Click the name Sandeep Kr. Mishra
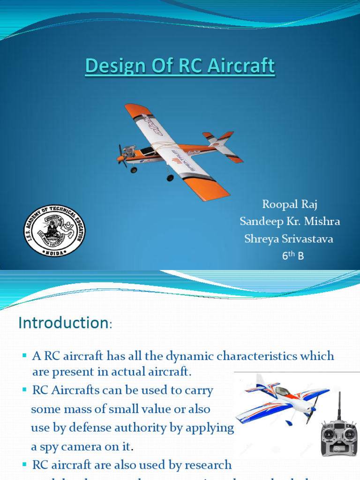289,221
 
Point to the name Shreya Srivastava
289,239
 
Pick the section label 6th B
292,256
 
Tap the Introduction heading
64,323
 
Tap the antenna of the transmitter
339,405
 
